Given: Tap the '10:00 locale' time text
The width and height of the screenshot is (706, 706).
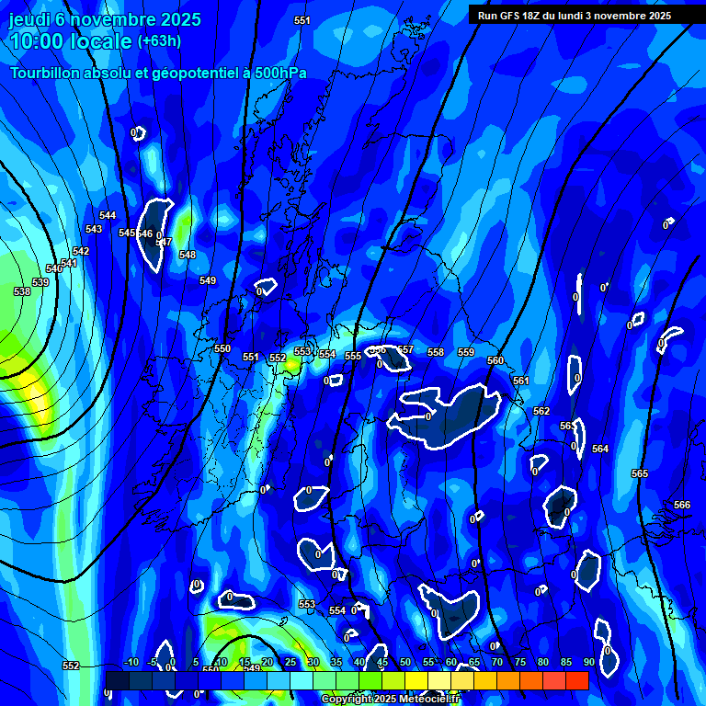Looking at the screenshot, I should (70, 41).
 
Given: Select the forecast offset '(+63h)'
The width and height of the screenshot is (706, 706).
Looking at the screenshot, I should (159, 41).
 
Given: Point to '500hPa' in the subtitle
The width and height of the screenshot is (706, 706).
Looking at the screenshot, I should (279, 74).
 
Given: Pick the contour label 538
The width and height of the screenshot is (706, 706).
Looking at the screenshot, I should (23, 291).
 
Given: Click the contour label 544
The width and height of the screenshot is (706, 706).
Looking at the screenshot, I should (108, 216).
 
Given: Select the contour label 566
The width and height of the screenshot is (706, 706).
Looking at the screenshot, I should (681, 505).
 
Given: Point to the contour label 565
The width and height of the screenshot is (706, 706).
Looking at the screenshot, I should (640, 473).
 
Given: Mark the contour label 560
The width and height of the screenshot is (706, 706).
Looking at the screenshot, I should (495, 361).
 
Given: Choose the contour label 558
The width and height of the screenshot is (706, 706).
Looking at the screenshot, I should (436, 352).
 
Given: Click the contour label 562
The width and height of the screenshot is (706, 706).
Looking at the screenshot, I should (541, 411).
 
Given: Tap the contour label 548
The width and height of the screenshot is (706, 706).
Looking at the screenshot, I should (188, 255).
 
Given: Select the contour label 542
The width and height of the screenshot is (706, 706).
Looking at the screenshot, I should (81, 251).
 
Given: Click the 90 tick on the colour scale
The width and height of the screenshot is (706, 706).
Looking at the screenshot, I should (588, 662).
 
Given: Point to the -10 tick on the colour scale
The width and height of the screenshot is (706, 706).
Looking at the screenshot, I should (131, 662).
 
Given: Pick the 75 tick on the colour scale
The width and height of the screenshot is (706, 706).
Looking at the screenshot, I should (519, 662).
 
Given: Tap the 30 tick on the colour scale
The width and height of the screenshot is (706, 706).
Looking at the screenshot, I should (313, 662).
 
